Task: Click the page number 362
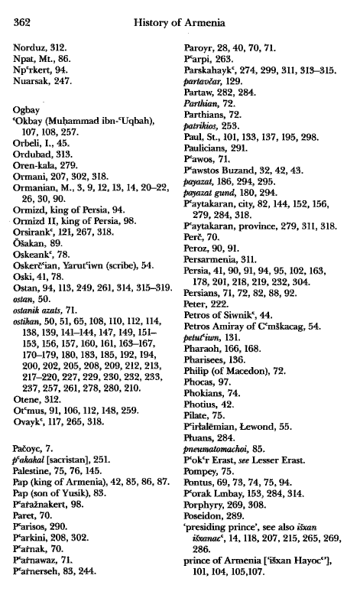22,22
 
